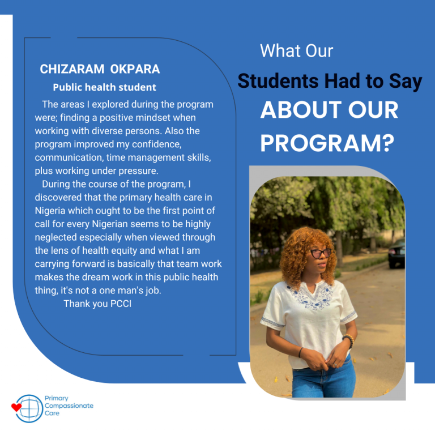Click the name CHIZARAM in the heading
(x=72, y=69)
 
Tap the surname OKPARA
(x=135, y=69)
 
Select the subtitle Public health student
(x=105, y=87)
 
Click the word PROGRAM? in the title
(x=327, y=143)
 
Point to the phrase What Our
(x=297, y=51)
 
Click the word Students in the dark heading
(x=278, y=81)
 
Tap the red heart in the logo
(x=16, y=407)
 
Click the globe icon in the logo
(x=29, y=408)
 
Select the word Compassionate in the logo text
(x=69, y=406)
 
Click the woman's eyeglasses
(x=321, y=253)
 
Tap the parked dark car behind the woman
(x=396, y=254)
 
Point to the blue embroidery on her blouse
(x=311, y=296)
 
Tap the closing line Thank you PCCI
(x=97, y=304)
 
